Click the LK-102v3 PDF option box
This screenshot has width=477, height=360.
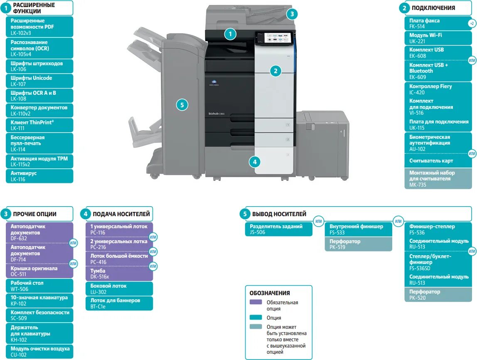click(x=39, y=27)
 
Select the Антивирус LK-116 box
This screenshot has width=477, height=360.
click(x=39, y=176)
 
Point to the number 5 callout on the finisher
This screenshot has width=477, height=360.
click(x=182, y=105)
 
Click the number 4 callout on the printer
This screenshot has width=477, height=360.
click(x=255, y=162)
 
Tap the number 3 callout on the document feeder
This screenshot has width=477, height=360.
click(x=292, y=14)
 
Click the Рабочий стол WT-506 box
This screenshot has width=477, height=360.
click(x=39, y=286)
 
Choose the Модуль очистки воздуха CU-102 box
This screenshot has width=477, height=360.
click(x=39, y=351)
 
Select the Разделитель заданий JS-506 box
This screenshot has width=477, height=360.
click(x=278, y=229)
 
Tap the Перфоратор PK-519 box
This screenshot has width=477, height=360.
click(x=358, y=244)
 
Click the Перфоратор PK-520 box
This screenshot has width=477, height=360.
click(x=438, y=295)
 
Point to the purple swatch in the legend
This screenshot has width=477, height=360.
click(x=256, y=302)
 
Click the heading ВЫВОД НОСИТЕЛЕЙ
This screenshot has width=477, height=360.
click(x=279, y=214)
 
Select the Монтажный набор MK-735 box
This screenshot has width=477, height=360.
click(x=438, y=179)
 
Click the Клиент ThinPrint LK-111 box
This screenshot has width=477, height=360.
click(x=39, y=125)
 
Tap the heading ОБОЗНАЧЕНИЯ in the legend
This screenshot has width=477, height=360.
click(x=270, y=293)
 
